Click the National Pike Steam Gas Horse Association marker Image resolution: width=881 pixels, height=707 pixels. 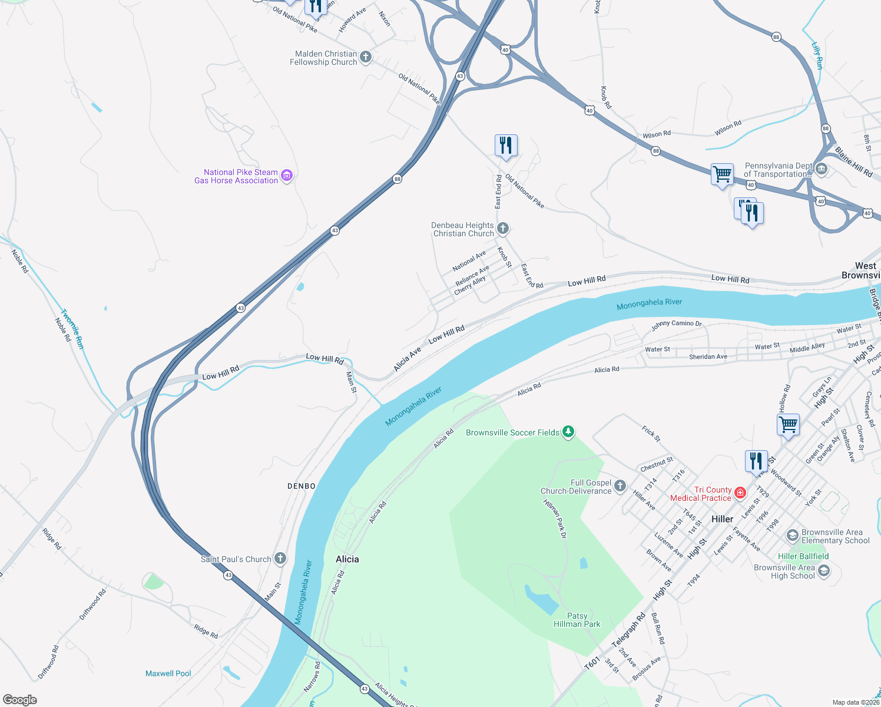point(287,176)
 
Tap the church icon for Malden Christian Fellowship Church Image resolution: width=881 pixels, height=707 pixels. point(366,57)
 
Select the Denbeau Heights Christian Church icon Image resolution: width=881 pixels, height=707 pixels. point(502,229)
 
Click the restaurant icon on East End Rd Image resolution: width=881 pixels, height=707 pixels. point(506,145)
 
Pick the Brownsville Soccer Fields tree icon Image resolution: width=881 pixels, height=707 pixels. point(568,432)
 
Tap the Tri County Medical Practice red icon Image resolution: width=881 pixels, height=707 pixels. point(740,493)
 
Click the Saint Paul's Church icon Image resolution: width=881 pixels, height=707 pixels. point(280,559)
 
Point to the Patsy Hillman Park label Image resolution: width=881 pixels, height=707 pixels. point(577,620)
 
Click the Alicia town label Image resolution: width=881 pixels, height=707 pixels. point(347,559)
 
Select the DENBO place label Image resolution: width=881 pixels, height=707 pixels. point(302,486)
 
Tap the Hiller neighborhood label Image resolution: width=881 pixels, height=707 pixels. point(722,519)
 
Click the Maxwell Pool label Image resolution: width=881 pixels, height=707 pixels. point(168,673)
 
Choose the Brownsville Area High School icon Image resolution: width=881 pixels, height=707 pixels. point(824,571)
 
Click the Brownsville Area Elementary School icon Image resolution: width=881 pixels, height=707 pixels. point(793,536)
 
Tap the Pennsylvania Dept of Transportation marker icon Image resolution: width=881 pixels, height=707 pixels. point(822,170)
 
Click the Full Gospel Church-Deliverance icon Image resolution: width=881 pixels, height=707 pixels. point(620,486)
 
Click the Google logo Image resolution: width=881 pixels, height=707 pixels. point(20,700)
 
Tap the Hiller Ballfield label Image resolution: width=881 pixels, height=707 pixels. point(803,556)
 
